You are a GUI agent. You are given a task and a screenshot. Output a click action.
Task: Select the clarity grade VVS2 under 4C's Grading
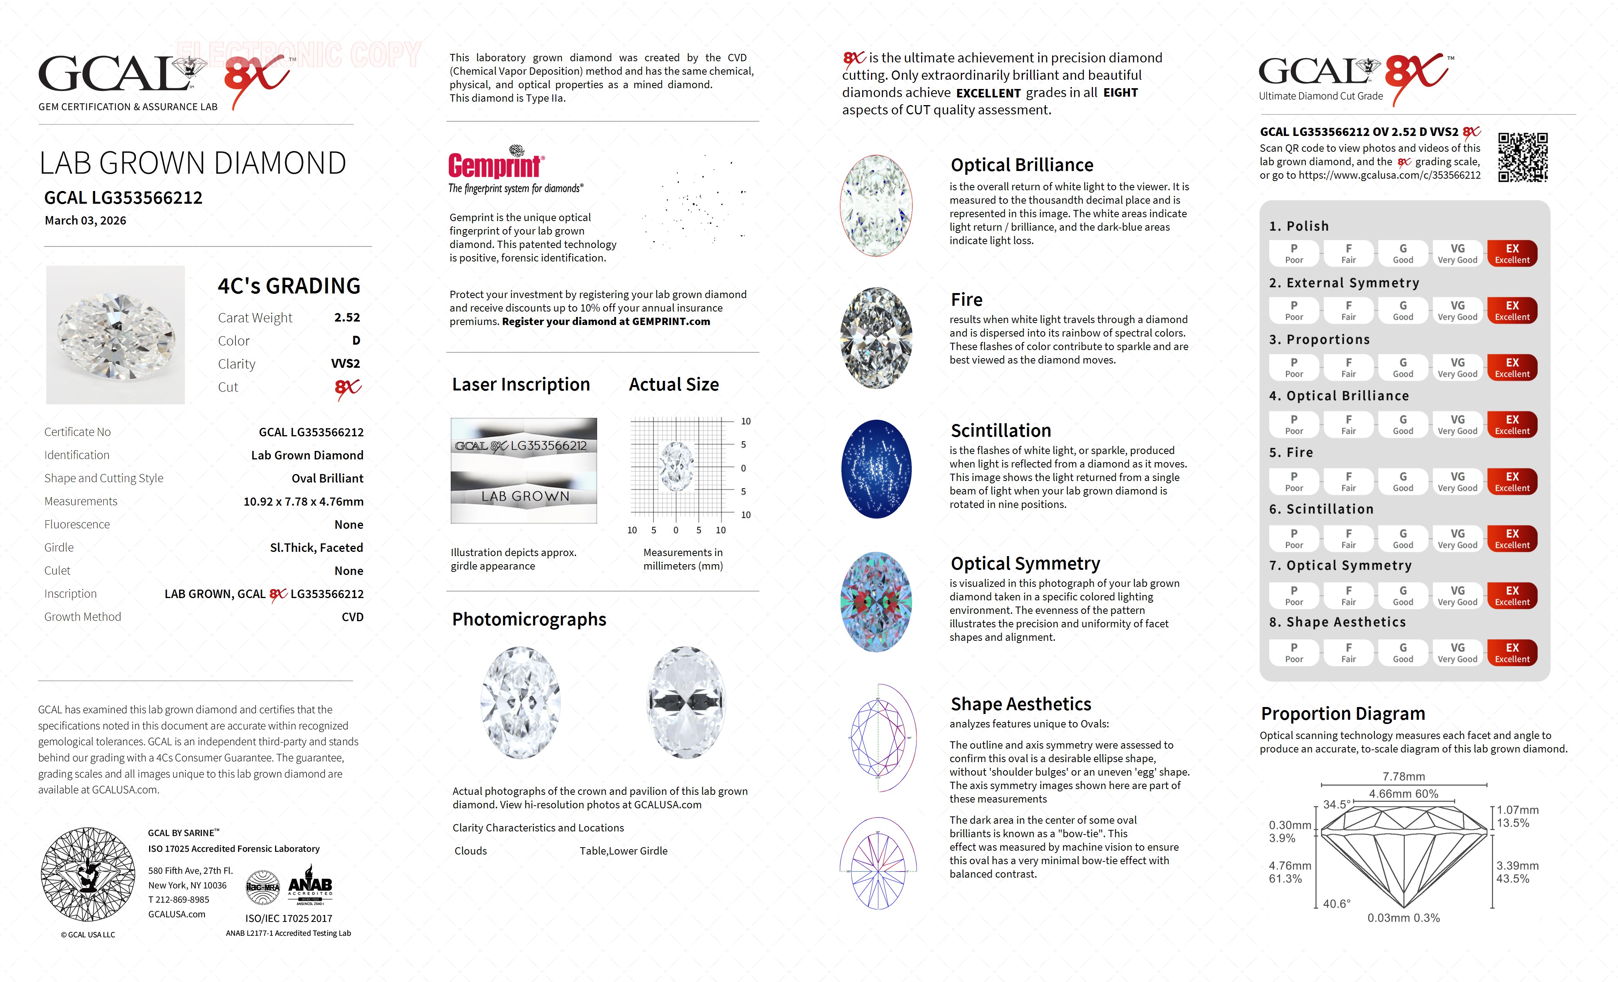coord(346,364)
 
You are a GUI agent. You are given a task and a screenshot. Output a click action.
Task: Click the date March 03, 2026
coord(86,221)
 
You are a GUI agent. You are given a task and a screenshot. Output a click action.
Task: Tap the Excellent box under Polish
coord(1512,253)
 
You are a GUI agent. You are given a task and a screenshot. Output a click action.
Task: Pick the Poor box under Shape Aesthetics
coord(1294,652)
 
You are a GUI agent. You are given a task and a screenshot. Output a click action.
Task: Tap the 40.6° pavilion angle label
coord(1336,904)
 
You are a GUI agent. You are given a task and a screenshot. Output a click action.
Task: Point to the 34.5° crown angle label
coord(1336,804)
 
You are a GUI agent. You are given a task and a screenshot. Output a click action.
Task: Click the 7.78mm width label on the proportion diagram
coord(1403,776)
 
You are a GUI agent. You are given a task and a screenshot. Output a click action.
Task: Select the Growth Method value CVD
coord(352,617)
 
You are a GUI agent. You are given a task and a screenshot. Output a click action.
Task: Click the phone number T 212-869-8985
coord(179,900)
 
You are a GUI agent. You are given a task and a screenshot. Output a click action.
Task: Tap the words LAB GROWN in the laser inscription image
coord(525,497)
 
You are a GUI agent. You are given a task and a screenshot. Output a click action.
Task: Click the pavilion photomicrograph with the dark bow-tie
coord(686,702)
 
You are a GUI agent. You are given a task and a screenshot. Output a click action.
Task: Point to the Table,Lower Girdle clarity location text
coord(623,851)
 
